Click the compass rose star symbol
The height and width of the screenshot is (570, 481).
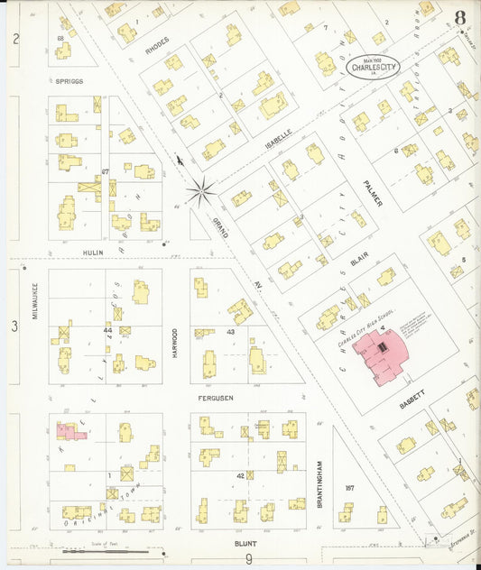[200, 190]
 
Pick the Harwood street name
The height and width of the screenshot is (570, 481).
[175, 344]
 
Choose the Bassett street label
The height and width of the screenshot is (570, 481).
[412, 390]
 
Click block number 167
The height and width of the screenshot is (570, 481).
[350, 488]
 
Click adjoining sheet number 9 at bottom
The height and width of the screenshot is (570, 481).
[248, 559]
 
